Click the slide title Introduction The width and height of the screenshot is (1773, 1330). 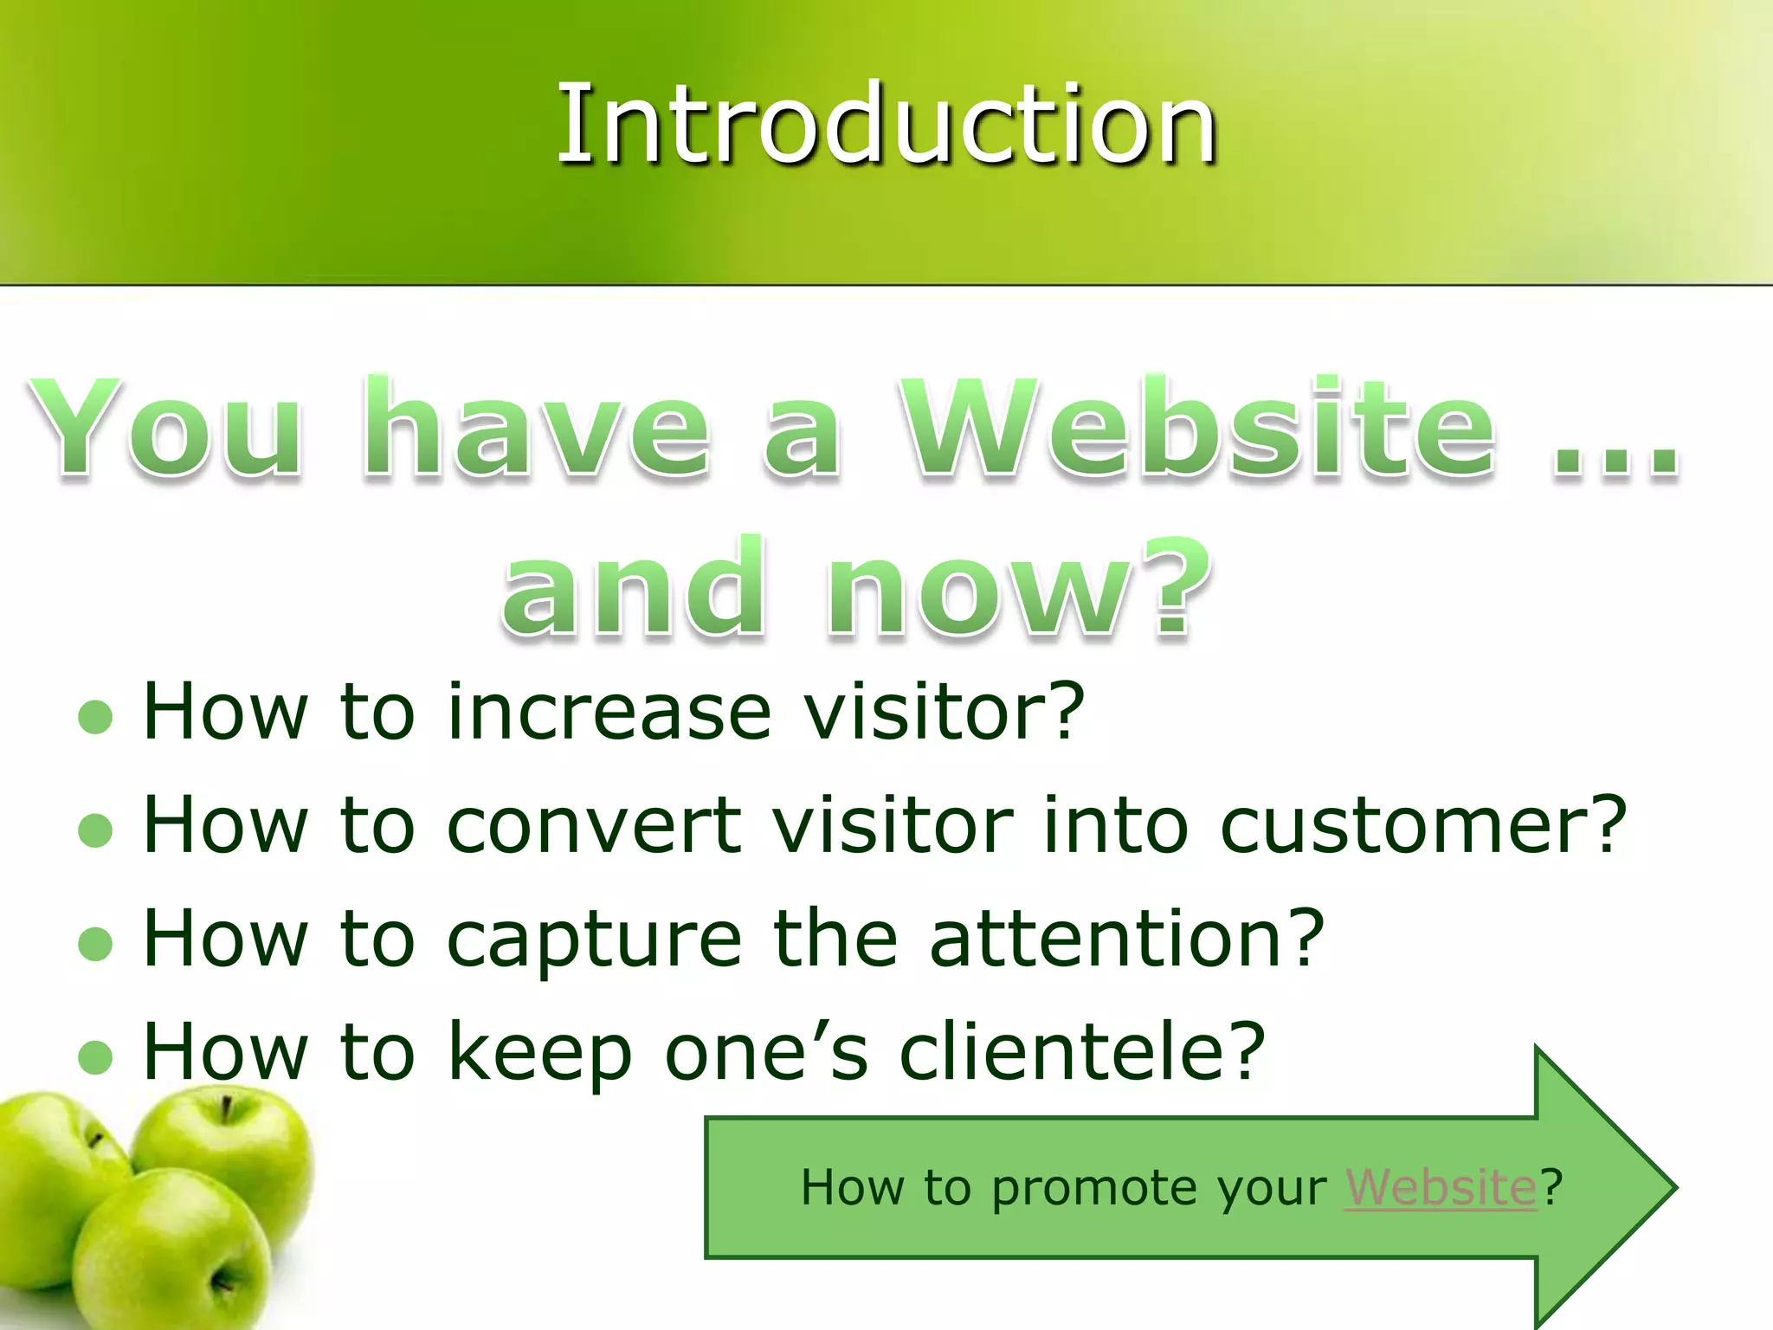[x=886, y=123]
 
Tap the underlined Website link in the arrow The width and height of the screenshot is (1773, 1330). [x=1440, y=1187]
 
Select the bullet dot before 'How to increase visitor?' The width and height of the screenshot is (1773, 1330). [x=95, y=716]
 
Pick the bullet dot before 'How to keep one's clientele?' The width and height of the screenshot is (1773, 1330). [x=95, y=1056]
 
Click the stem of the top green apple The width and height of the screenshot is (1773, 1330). [x=226, y=1109]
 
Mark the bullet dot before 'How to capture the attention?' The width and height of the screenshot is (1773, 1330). [x=95, y=944]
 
